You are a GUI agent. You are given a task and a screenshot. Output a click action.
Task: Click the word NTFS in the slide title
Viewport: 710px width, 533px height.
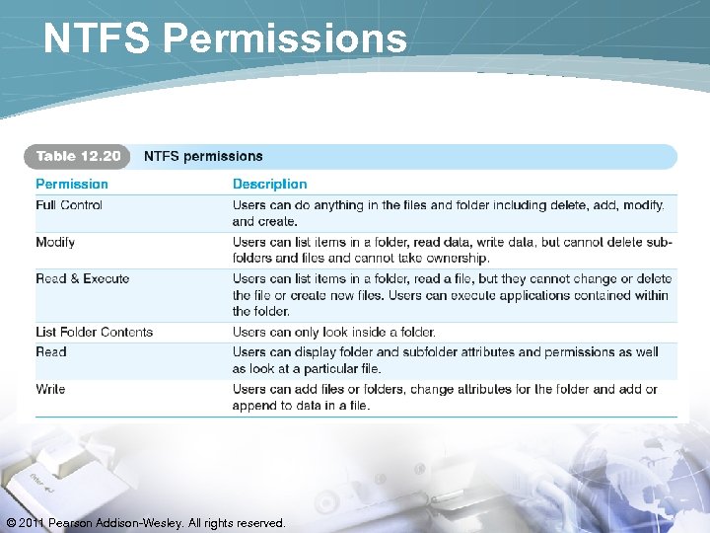point(98,38)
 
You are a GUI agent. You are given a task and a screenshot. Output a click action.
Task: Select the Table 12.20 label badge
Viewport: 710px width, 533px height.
point(78,156)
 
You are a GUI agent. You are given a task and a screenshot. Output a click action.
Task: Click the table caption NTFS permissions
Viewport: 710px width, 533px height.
point(203,156)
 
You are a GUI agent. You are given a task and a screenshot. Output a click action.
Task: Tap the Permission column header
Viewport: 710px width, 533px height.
point(72,184)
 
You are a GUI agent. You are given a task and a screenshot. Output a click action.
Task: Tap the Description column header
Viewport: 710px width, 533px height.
point(269,184)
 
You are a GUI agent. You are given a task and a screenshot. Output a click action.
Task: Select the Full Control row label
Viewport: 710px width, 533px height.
point(69,205)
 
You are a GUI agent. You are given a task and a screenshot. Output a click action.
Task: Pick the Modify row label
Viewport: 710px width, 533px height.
point(55,242)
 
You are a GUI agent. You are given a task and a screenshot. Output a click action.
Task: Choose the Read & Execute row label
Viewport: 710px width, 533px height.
point(83,279)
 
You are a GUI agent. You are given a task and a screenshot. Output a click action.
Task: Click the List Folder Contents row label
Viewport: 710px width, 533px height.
point(95,333)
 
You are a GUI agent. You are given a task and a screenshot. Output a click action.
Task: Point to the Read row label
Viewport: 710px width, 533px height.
point(51,351)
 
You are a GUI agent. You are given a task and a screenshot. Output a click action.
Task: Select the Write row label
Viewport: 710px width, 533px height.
point(51,389)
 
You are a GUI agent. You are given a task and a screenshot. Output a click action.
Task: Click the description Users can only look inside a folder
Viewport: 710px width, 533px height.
point(333,333)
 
